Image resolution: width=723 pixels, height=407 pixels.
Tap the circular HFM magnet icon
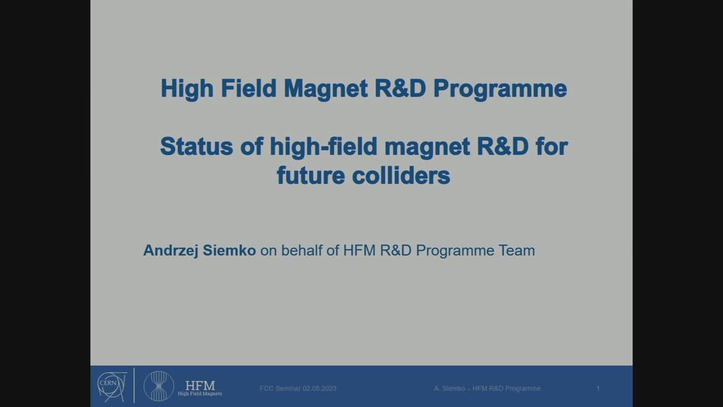(159, 386)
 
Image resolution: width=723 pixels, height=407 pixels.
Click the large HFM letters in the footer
(200, 385)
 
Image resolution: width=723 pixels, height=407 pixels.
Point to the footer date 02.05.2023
(319, 388)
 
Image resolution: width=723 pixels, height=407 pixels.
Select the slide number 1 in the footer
(598, 388)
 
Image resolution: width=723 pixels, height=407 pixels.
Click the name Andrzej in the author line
(168, 250)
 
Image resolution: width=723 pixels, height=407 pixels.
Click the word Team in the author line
(516, 250)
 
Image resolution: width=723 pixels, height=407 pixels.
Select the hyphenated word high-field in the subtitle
(324, 146)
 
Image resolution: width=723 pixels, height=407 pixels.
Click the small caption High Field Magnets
(200, 394)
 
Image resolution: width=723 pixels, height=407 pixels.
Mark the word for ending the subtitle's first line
(551, 146)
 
